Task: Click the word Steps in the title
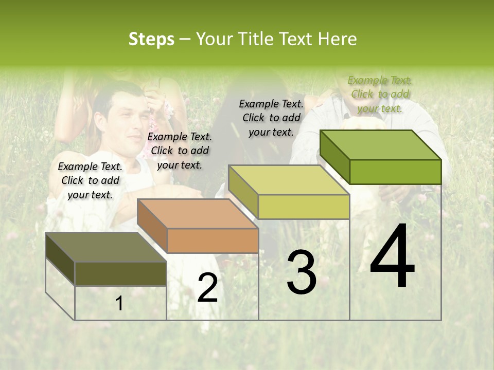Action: click(x=151, y=39)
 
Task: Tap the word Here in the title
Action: click(x=337, y=39)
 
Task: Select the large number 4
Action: click(x=392, y=257)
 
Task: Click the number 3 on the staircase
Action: click(x=302, y=272)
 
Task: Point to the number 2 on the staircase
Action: click(x=207, y=288)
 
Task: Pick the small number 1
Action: click(x=119, y=304)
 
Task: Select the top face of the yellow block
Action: click(x=289, y=180)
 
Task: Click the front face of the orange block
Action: click(x=213, y=240)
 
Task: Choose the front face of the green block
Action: click(x=395, y=172)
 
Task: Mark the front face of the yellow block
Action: click(x=304, y=207)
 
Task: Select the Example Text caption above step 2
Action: click(x=180, y=151)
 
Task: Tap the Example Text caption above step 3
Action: click(x=271, y=118)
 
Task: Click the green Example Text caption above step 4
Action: click(x=380, y=94)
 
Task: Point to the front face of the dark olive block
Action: click(x=120, y=273)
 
